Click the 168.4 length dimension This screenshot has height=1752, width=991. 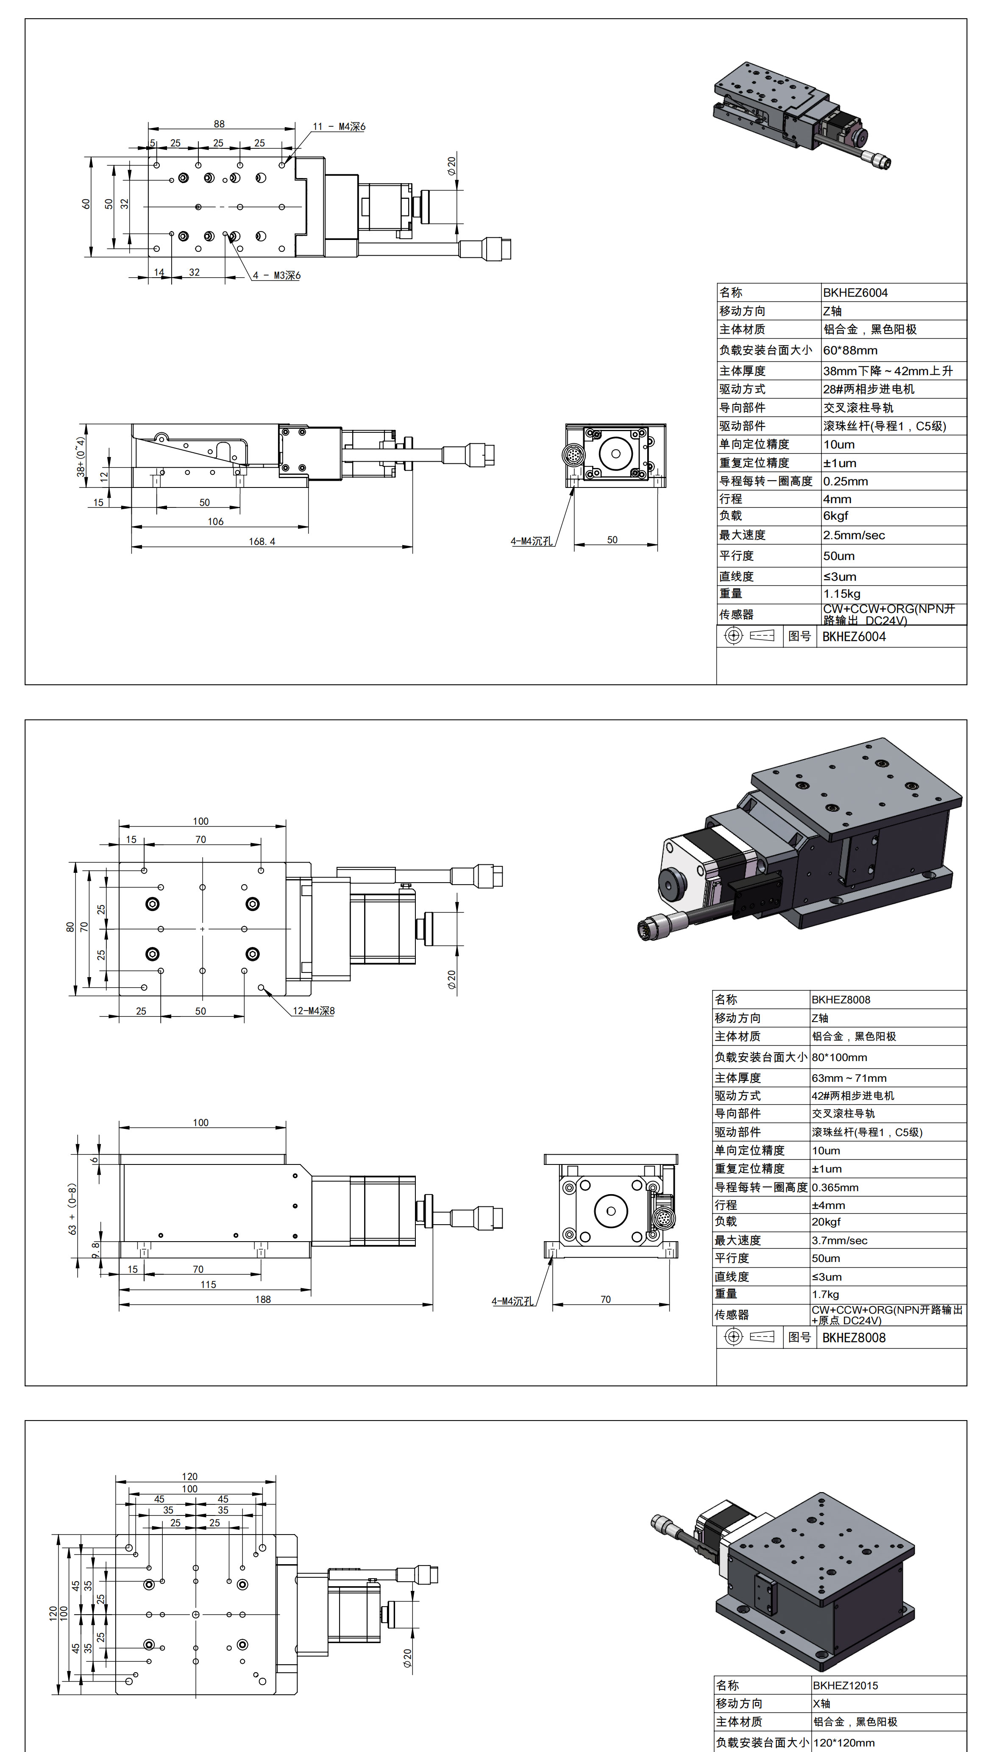tap(262, 541)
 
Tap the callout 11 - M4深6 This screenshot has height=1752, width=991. tap(339, 127)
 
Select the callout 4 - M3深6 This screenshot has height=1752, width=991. tap(276, 276)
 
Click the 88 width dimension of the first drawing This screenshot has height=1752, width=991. tap(219, 124)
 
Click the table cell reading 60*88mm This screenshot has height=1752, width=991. tap(850, 351)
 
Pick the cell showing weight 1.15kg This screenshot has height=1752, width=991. tap(841, 593)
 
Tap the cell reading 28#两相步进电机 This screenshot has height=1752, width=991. tap(869, 389)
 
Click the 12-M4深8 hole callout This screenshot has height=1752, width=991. tap(314, 1011)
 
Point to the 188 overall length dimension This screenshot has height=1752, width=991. tap(263, 1299)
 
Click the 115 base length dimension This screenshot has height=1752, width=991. tap(208, 1284)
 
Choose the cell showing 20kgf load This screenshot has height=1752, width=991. tap(826, 1222)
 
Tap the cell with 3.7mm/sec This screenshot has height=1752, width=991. tap(839, 1240)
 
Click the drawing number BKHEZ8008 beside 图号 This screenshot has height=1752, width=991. tap(854, 1337)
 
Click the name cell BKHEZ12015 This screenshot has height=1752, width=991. tap(845, 1685)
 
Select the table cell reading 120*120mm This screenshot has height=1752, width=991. tap(844, 1743)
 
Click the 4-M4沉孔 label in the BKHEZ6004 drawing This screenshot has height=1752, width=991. tap(532, 541)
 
